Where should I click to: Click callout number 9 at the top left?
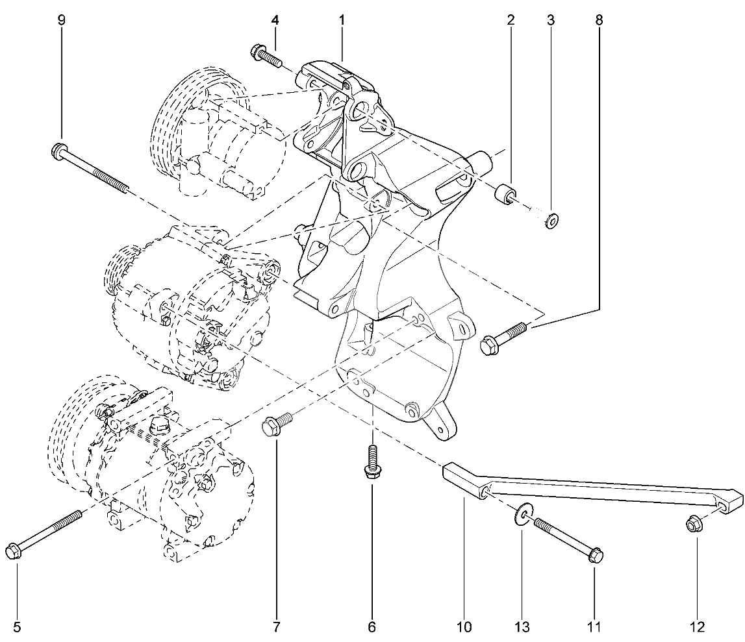61,20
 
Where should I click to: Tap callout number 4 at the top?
275,20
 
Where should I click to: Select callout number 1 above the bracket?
342,20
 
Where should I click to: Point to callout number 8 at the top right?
599,20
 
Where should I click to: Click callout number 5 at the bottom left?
17,627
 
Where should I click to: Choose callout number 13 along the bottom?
522,627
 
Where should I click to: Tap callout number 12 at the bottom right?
698,627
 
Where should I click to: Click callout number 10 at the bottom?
464,627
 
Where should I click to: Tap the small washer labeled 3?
551,220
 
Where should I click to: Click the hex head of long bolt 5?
13,551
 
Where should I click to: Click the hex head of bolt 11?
596,554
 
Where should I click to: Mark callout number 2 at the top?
511,20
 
